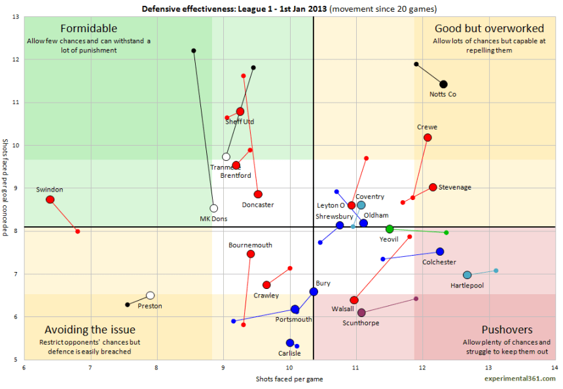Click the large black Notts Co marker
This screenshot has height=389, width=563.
[x=443, y=84]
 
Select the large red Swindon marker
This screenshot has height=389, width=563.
[x=50, y=199]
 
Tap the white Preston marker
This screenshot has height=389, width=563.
[x=150, y=296]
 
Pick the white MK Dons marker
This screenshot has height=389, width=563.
[x=213, y=209]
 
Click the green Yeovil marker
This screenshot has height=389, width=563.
[x=390, y=229]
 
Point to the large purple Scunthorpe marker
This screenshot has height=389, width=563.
[x=361, y=313]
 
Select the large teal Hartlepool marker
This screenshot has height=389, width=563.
[x=467, y=275]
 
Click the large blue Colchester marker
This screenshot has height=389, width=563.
[x=440, y=252]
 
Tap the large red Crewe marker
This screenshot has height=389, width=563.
[x=427, y=138]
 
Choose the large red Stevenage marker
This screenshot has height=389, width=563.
[x=433, y=187]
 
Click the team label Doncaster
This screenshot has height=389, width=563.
[x=257, y=205]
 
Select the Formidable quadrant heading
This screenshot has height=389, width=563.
[x=88, y=29]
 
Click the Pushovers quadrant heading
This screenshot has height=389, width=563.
[x=507, y=330]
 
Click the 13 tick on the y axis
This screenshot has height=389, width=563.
[x=15, y=17]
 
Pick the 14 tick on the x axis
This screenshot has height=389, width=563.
[x=555, y=368]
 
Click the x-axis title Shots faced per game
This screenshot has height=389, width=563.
[x=290, y=379]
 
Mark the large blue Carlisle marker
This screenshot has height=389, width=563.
[x=290, y=343]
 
